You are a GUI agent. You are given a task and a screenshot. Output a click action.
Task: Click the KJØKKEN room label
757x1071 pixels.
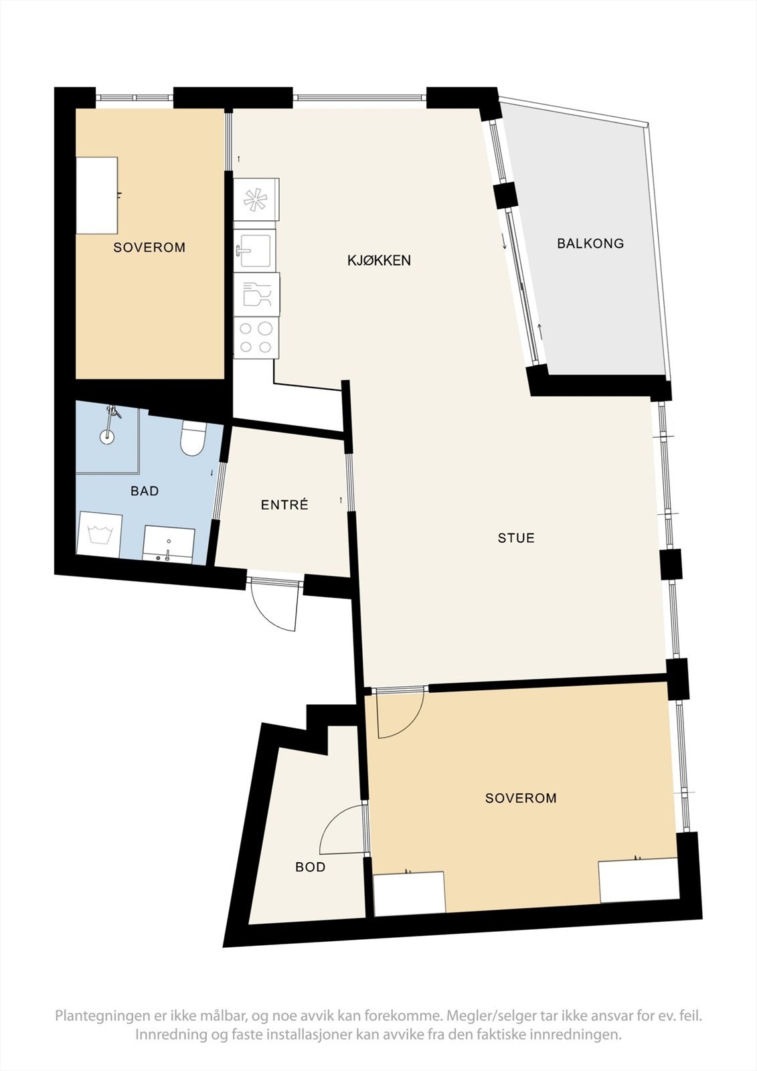379,260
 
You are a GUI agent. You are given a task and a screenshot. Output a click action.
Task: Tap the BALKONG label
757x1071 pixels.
590,244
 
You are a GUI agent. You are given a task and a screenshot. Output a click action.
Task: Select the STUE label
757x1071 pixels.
516,538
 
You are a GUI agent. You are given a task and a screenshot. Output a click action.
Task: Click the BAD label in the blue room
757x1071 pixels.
145,491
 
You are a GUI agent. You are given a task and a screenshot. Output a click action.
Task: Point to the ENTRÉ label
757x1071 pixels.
284,505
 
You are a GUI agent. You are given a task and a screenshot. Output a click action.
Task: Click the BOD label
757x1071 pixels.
311,867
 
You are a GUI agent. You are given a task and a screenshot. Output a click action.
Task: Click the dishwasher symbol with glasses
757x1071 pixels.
256,295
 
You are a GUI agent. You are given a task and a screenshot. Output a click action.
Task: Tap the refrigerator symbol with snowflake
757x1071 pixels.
256,199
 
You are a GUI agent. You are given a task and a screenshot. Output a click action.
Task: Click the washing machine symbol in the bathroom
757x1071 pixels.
100,535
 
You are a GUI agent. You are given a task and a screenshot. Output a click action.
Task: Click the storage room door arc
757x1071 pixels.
343,830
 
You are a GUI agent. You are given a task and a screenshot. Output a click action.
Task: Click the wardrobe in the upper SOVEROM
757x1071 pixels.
97,195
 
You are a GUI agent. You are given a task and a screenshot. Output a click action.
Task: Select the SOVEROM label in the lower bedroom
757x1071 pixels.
521,798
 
